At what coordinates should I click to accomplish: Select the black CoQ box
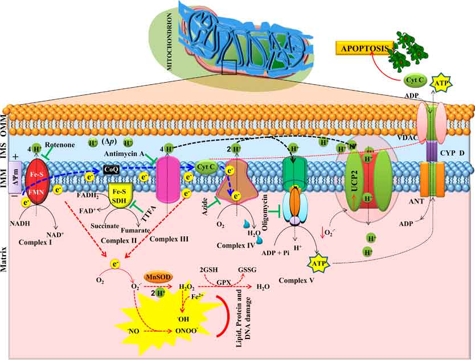click(x=112, y=169)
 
